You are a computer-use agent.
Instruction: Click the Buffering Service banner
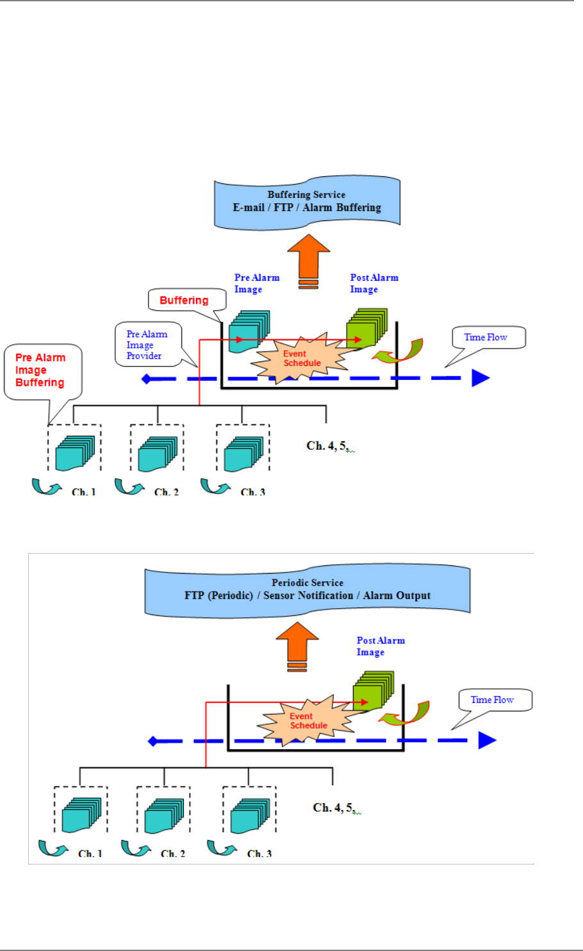(x=307, y=202)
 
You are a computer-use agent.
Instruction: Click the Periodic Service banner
(x=308, y=590)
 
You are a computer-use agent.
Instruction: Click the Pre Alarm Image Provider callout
(x=148, y=345)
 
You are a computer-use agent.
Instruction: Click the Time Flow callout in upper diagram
(x=488, y=338)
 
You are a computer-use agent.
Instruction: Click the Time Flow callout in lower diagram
(x=495, y=700)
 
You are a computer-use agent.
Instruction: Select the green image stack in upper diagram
(x=366, y=328)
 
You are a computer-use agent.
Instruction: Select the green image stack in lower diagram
(x=372, y=691)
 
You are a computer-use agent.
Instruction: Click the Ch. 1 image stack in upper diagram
(x=74, y=454)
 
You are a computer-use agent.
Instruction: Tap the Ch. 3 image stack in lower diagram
(x=249, y=816)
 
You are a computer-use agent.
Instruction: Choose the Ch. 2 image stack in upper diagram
(x=157, y=454)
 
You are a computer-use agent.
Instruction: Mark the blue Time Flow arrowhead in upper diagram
(x=480, y=378)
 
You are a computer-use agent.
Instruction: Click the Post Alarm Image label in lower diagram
(x=380, y=646)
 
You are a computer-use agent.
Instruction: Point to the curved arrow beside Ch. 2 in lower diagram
(x=135, y=848)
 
